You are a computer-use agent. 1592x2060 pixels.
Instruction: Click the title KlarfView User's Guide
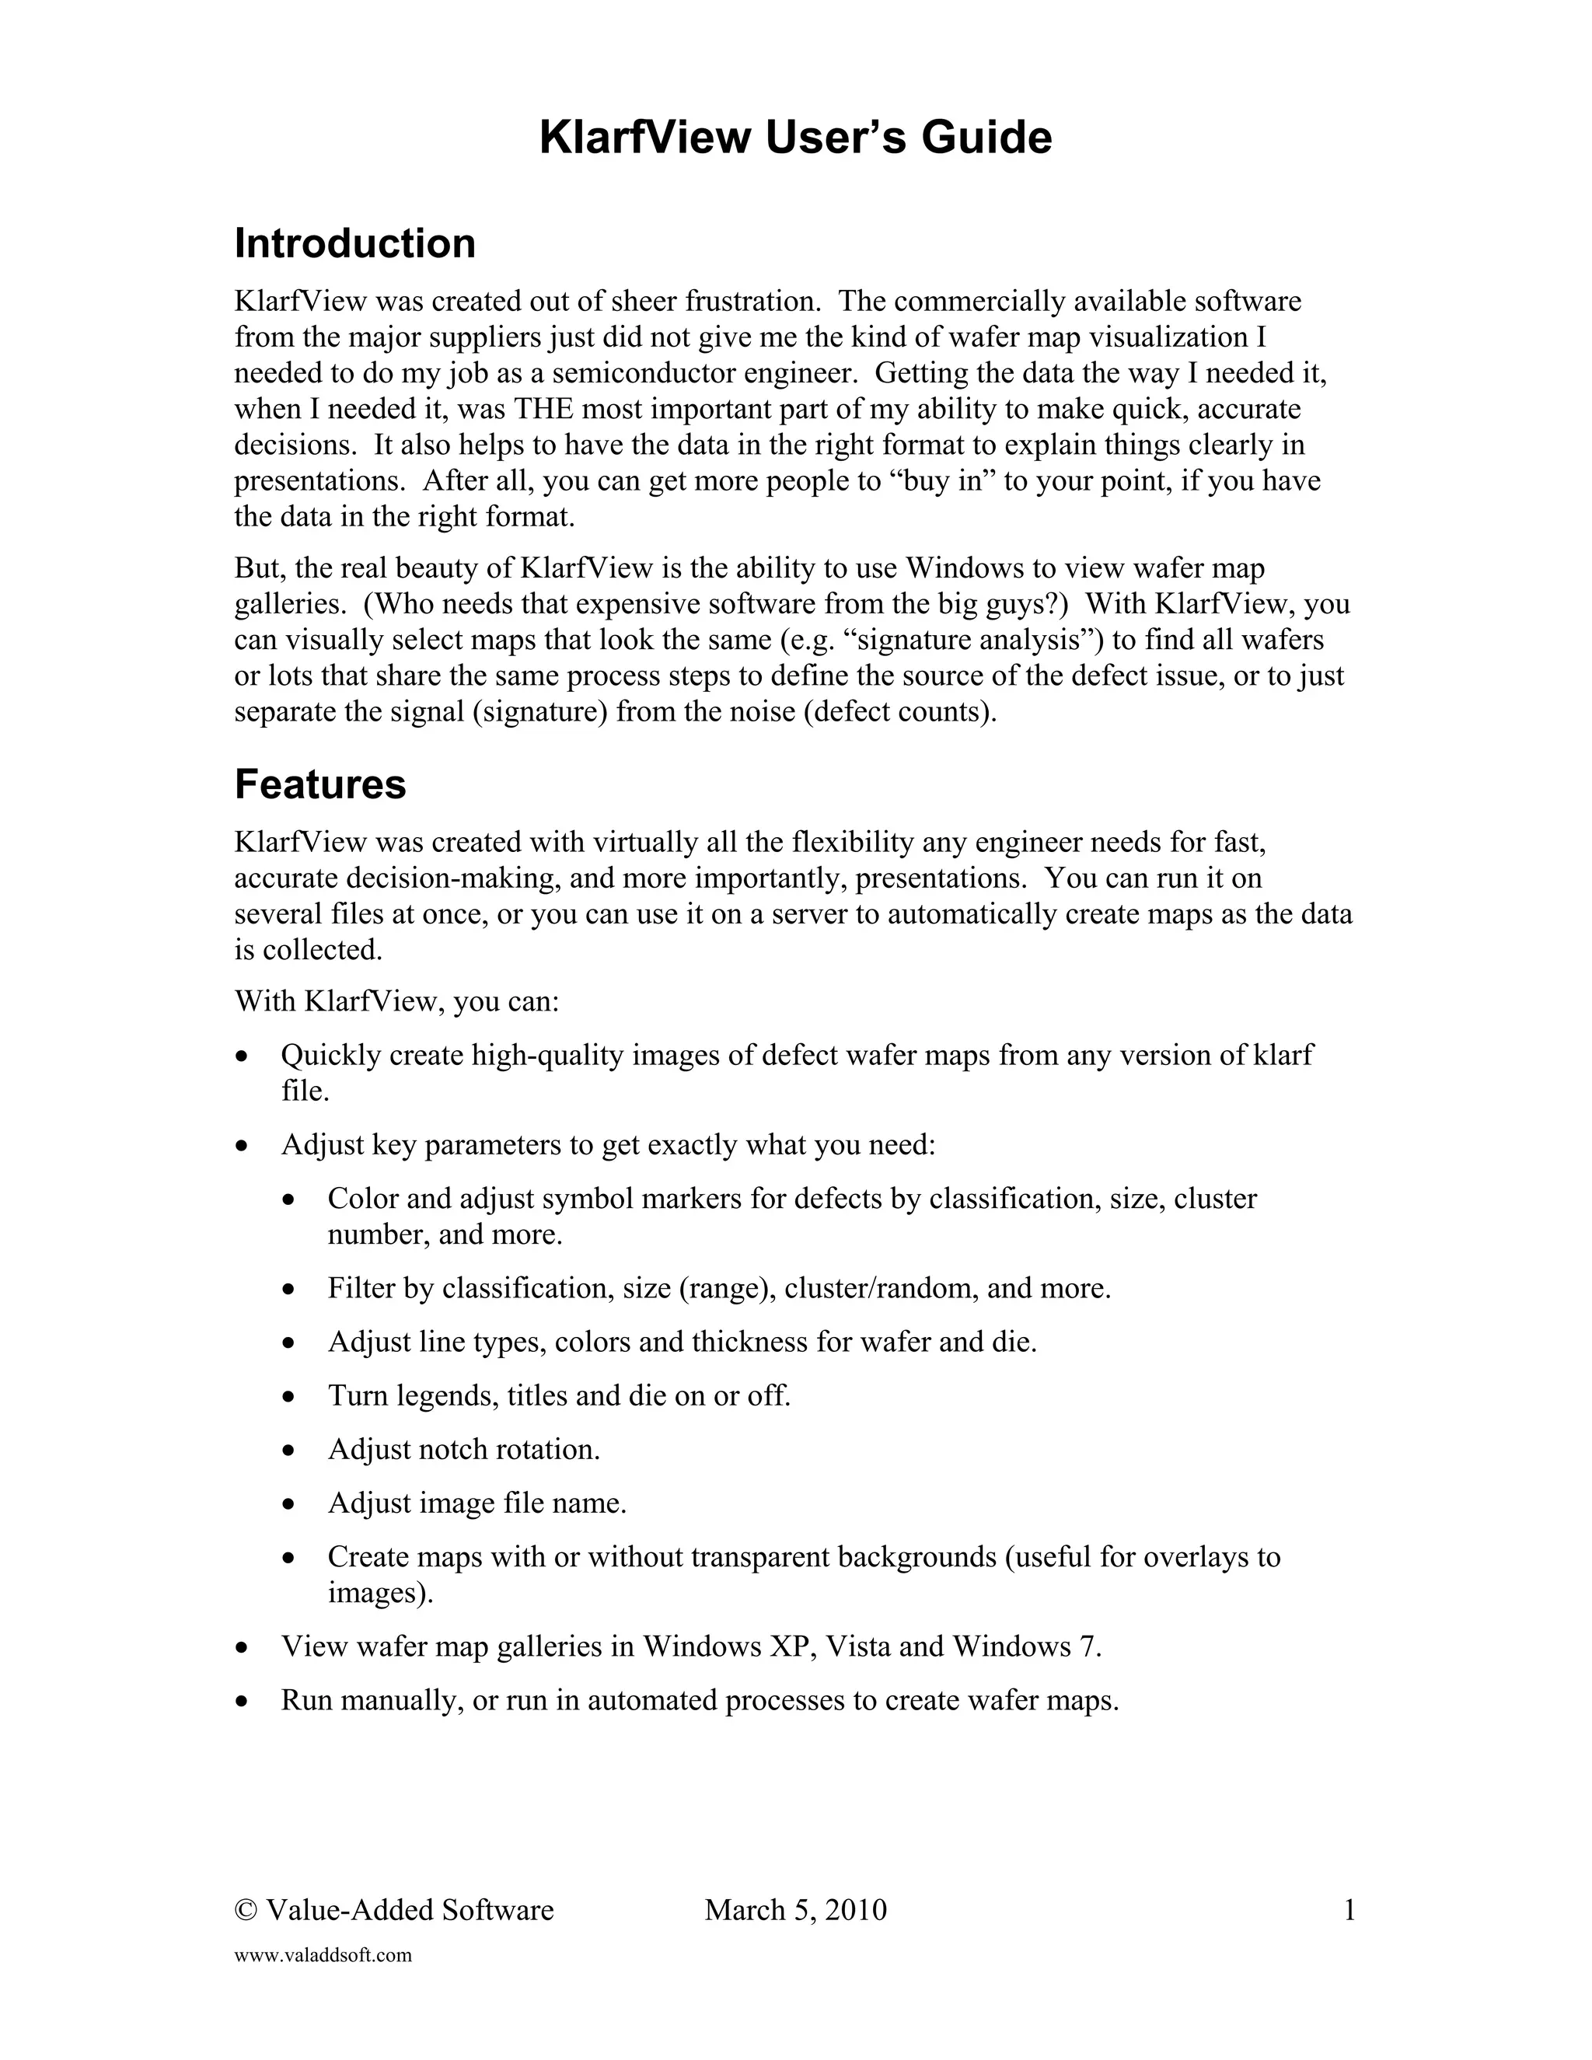[x=795, y=138]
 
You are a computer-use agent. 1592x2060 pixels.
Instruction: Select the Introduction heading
[x=354, y=243]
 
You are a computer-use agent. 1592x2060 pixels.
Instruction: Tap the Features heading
[x=319, y=784]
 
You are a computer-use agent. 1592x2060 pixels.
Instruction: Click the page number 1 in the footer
[x=1349, y=1910]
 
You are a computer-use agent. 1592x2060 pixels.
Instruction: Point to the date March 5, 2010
[x=795, y=1910]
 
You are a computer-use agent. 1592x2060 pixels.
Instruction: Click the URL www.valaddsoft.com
[x=323, y=1955]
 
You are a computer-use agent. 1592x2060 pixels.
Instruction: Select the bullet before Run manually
[x=243, y=1702]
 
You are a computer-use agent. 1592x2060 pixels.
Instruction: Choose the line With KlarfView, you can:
[x=397, y=1000]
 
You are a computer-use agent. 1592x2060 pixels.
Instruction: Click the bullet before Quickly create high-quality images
[x=243, y=1056]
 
